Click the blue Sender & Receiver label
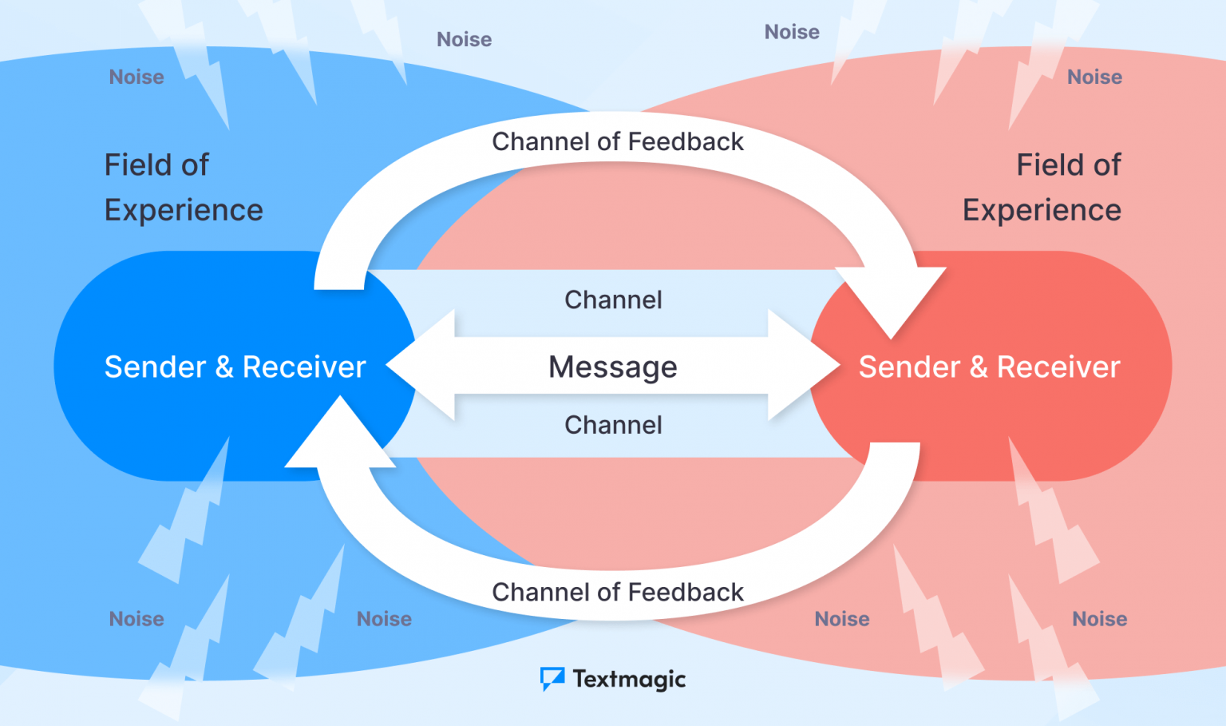235,367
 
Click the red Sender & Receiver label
989,367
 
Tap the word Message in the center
612,367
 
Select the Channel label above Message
613,300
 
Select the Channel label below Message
613,425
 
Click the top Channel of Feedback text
617,141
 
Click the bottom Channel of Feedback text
617,592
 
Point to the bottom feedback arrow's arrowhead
340,435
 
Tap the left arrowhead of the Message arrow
419,366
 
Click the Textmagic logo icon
552,679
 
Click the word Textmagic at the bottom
629,679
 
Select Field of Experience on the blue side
184,188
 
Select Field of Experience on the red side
1042,188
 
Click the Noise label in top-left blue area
136,77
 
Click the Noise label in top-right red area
1094,77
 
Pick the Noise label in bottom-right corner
1099,619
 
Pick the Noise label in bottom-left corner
136,619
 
